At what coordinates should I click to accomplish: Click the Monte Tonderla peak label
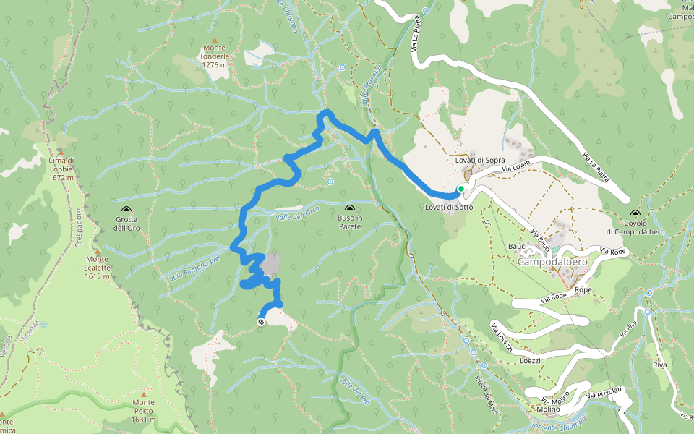(x=214, y=59)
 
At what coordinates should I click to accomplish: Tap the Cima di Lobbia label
(x=61, y=168)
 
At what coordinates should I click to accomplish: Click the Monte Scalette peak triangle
(x=97, y=250)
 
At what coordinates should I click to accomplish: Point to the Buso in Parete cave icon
(x=350, y=208)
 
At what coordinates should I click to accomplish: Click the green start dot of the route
(x=460, y=189)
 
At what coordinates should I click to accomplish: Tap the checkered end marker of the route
(x=261, y=322)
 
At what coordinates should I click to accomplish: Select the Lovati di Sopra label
(x=480, y=160)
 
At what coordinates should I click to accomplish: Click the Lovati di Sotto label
(x=449, y=208)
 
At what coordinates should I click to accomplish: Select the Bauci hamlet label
(x=518, y=246)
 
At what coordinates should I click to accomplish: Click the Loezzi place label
(x=531, y=360)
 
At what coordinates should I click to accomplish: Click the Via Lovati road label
(x=518, y=168)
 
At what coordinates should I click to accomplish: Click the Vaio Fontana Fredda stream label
(x=194, y=267)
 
